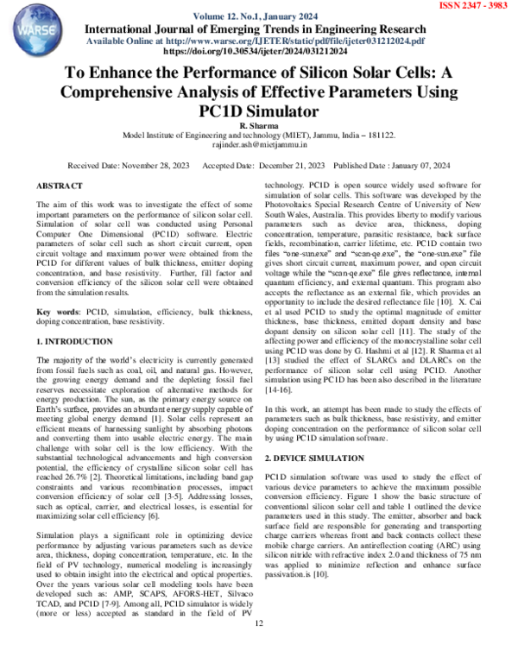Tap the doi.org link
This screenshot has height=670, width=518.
[x=257, y=52]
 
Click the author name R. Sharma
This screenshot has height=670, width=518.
[x=258, y=126]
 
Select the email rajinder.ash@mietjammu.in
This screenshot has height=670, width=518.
[x=259, y=146]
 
